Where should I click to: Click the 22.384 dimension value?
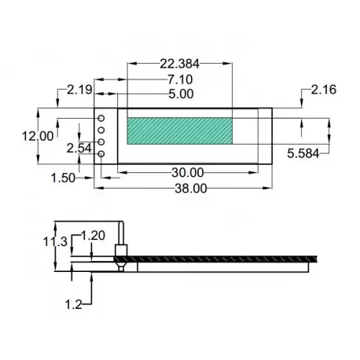[180, 64]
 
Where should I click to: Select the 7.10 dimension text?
[180, 79]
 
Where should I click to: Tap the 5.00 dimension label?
[180, 94]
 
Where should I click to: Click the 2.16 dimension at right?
[323, 91]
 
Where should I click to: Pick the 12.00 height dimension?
[38, 135]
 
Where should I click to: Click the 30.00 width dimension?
[187, 172]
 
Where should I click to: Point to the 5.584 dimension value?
[302, 153]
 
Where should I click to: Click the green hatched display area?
[179, 131]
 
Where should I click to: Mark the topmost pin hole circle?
[102, 118]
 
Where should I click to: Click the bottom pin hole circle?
[102, 153]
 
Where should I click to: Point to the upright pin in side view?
[123, 236]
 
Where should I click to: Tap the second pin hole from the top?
[102, 130]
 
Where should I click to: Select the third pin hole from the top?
[102, 141]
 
